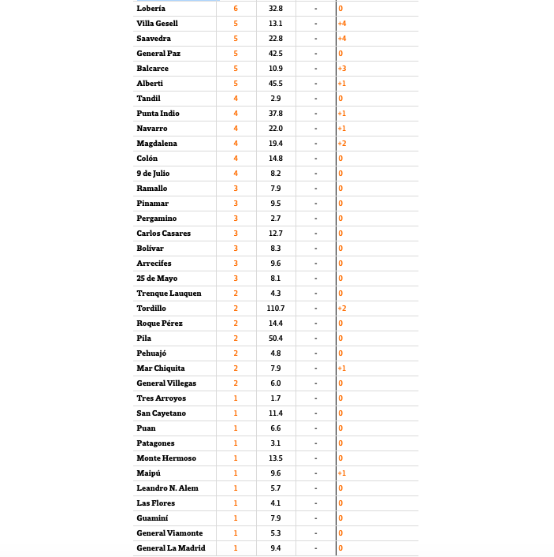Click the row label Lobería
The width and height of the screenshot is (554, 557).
point(151,8)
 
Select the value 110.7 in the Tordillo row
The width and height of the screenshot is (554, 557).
point(276,308)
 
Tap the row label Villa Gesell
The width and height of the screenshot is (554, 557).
point(157,24)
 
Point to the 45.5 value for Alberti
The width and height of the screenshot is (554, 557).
point(276,84)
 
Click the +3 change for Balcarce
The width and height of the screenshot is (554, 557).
point(342,69)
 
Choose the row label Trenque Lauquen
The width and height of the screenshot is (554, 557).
point(169,293)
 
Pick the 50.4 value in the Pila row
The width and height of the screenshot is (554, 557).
point(276,338)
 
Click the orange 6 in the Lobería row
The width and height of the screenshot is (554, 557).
point(236,8)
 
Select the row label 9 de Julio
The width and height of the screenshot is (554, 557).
point(153,174)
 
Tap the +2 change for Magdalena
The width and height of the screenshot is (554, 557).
point(342,144)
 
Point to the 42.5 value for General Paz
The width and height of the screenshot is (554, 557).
point(276,54)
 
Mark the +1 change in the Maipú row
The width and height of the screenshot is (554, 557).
point(342,473)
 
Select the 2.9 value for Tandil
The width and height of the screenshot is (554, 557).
point(276,99)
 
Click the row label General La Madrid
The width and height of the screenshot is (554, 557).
point(171,548)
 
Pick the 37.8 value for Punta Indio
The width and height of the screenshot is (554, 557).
point(276,114)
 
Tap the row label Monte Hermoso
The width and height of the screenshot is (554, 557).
point(166,458)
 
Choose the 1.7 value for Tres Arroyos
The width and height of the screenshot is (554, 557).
point(276,398)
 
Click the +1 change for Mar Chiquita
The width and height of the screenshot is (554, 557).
point(342,368)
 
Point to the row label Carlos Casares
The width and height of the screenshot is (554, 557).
point(163,234)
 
